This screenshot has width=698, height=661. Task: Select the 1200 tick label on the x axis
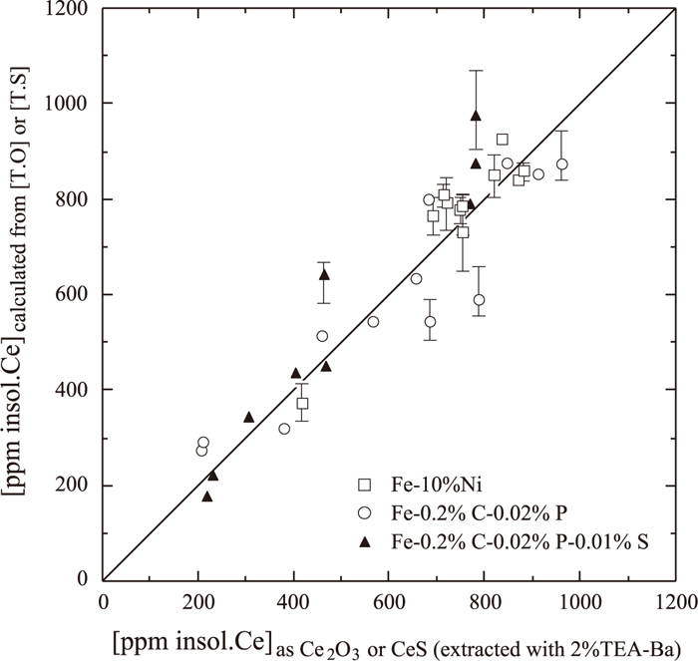click(x=674, y=600)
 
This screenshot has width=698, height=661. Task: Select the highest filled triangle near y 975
click(x=476, y=115)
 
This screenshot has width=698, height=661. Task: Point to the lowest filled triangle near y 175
click(x=207, y=496)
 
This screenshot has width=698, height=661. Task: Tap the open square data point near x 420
click(x=302, y=403)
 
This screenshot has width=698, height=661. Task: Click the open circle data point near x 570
click(x=373, y=321)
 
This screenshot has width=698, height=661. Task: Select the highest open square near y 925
click(x=502, y=140)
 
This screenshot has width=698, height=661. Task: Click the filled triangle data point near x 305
click(x=248, y=417)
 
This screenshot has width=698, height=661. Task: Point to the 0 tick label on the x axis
click(x=103, y=600)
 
